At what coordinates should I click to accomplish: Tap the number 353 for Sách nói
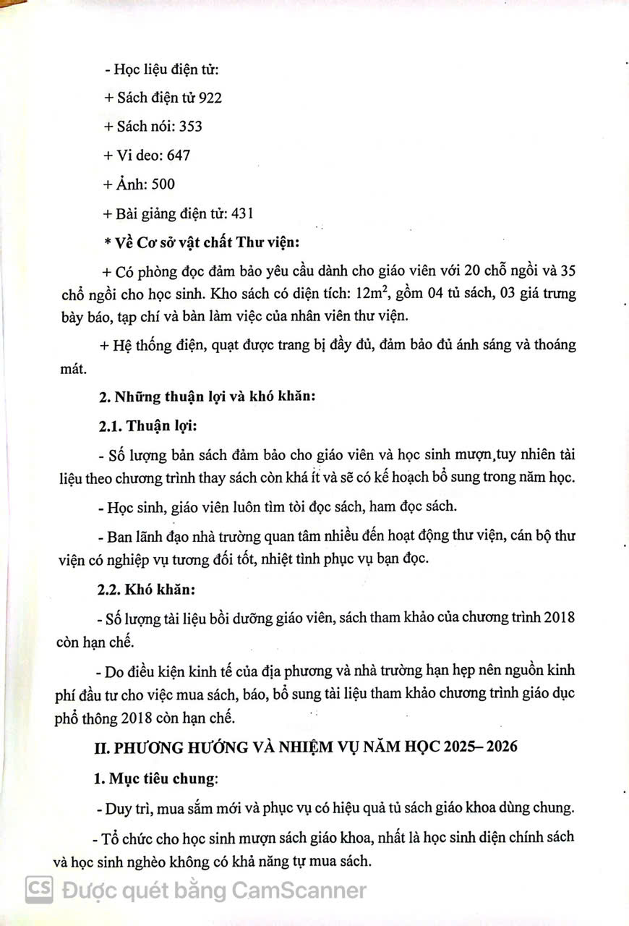pyautogui.click(x=190, y=127)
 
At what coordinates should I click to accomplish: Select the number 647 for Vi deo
pyautogui.click(x=179, y=156)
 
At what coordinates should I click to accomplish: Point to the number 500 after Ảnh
pyautogui.click(x=163, y=184)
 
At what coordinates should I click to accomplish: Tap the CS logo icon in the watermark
pyautogui.click(x=39, y=889)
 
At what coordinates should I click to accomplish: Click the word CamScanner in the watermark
pyautogui.click(x=299, y=890)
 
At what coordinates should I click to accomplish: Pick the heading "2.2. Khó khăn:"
pyautogui.click(x=147, y=589)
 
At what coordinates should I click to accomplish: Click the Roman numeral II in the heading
pyautogui.click(x=103, y=748)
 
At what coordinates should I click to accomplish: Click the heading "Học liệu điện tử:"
pyautogui.click(x=166, y=70)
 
